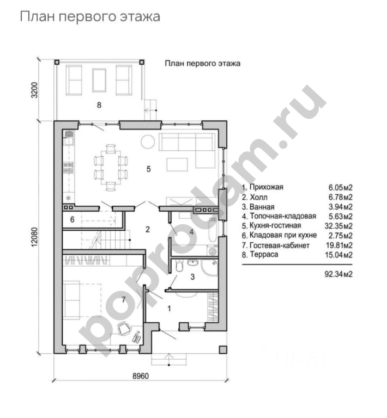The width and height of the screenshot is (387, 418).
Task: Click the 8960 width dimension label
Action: (141, 376)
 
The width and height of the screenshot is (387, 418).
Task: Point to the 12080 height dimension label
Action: (35, 237)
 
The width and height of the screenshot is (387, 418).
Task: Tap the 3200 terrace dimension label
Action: (35, 90)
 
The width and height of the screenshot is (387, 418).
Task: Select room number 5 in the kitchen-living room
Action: (149, 169)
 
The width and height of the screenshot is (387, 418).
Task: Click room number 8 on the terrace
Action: (99, 105)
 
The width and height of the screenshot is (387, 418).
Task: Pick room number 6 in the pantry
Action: (72, 219)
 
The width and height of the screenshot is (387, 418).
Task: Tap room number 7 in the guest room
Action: (123, 300)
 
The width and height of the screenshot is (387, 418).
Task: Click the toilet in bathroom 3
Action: (179, 266)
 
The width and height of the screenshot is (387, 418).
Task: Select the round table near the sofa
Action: (148, 142)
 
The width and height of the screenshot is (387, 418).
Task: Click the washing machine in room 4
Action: (213, 250)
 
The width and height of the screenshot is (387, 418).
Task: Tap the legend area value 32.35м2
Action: (338, 226)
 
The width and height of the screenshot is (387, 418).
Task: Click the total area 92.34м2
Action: (338, 274)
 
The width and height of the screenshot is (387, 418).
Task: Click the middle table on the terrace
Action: (99, 80)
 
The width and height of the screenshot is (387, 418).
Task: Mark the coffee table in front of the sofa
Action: (177, 164)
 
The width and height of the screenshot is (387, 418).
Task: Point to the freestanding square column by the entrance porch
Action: (223, 350)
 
